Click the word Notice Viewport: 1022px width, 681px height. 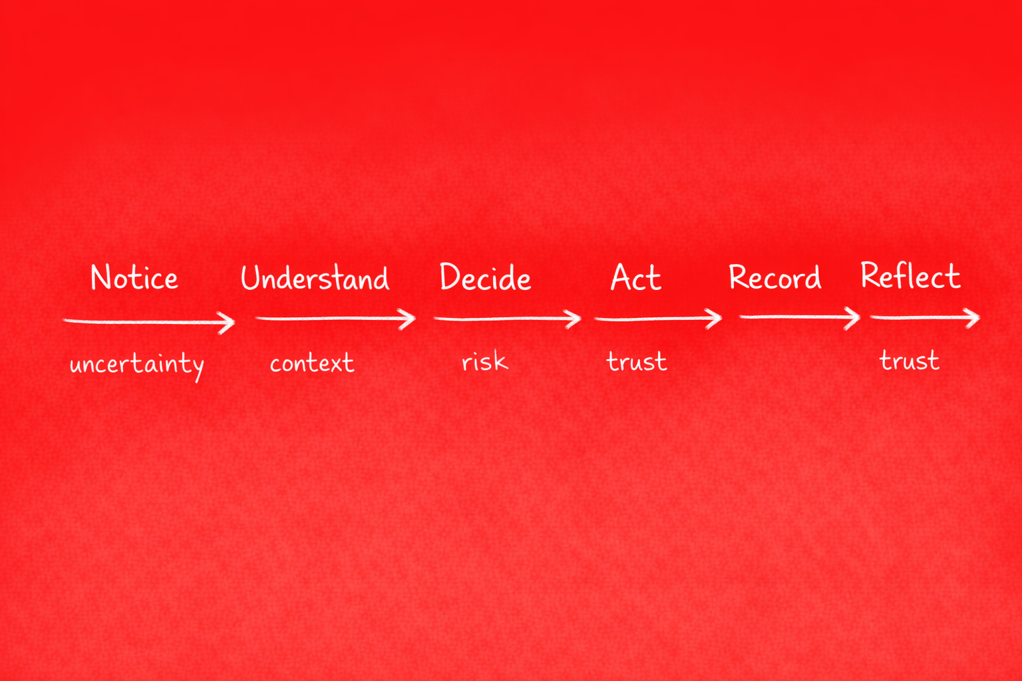pos(134,278)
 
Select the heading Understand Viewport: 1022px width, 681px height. pos(315,278)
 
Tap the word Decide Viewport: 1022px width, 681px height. pos(485,278)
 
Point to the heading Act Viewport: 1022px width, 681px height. pos(636,278)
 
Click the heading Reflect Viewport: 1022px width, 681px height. pos(910,276)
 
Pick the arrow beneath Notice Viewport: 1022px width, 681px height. pos(149,322)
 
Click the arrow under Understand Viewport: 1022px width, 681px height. pos(335,319)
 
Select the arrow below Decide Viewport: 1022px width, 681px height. pos(507,319)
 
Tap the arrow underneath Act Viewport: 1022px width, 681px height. pos(658,319)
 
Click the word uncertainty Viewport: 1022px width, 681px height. pos(137,364)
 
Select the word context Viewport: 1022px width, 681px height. pos(312,363)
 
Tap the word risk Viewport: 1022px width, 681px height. pos(485,362)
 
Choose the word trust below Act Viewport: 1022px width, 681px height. pos(637,362)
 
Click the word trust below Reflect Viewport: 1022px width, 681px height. pos(910,360)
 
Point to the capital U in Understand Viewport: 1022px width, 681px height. pos(250,278)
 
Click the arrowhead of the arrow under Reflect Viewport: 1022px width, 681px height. pos(973,318)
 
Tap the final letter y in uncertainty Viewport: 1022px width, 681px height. pos(197,368)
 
